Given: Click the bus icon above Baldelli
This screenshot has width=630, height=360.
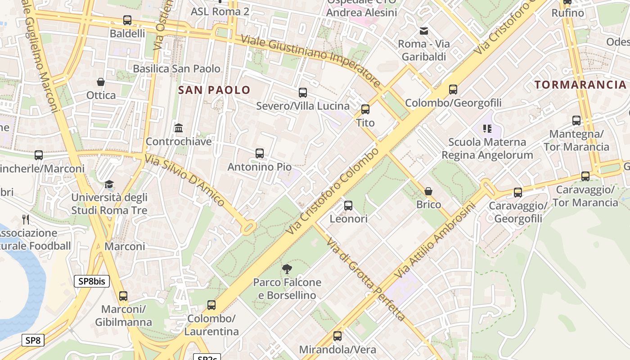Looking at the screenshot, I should click(127, 20).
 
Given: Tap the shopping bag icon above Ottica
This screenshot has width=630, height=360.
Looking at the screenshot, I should click(101, 82).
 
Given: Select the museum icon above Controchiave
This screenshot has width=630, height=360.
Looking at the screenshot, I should click(179, 128).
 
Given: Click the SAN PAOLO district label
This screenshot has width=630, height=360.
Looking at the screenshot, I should click(214, 90).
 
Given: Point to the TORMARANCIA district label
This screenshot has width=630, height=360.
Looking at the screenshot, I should click(580, 85).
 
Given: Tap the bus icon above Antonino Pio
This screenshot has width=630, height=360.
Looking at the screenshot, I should click(259, 153).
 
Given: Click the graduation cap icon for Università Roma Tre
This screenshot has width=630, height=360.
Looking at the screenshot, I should click(109, 184).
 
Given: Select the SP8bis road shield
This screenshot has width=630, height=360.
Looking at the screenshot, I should click(92, 282).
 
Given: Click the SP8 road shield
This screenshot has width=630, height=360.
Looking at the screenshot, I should click(33, 340).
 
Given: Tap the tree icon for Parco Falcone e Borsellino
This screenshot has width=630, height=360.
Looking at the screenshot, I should click(287, 269).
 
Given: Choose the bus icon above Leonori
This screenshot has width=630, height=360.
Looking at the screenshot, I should click(348, 206).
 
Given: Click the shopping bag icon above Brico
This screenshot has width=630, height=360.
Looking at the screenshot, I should click(428, 191).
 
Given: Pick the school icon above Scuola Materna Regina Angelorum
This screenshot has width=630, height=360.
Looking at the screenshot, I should click(487, 129).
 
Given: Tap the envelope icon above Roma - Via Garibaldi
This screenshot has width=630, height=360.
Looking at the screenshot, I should click(423, 31).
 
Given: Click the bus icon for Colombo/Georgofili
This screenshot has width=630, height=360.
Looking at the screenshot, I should click(453, 90).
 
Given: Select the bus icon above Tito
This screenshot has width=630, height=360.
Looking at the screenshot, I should click(365, 109).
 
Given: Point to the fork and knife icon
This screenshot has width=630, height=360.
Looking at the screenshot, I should click(26, 220).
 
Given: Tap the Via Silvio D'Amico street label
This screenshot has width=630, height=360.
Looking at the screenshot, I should click(184, 180).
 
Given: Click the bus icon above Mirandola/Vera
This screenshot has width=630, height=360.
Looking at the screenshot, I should click(337, 336).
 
